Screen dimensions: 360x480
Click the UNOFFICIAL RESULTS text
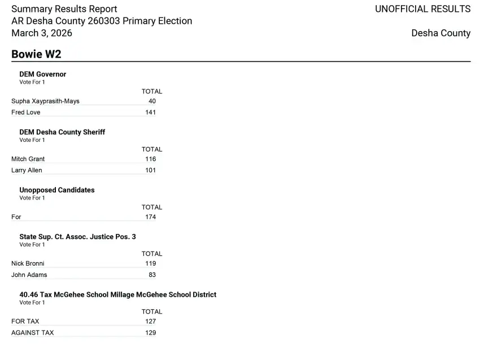(x=422, y=9)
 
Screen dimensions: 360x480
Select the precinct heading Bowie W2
(x=36, y=54)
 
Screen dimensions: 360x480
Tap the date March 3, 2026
(x=42, y=33)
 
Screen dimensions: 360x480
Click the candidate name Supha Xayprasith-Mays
(x=45, y=101)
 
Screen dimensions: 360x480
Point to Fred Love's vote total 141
(x=150, y=112)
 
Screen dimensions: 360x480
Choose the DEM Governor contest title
(x=43, y=74)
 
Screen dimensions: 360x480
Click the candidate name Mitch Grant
(x=28, y=159)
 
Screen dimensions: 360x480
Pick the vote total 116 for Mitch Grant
(x=150, y=159)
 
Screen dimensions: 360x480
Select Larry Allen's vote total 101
(x=150, y=170)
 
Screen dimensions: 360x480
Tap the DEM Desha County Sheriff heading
(x=62, y=132)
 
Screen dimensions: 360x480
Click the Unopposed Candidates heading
(x=57, y=190)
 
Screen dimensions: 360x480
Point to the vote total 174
(x=150, y=217)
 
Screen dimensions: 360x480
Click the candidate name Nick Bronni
(x=28, y=263)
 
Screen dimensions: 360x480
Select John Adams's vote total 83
(x=152, y=275)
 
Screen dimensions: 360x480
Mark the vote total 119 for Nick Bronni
(x=150, y=263)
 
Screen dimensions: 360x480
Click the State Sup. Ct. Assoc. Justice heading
(x=77, y=237)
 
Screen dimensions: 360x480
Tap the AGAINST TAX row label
(x=33, y=333)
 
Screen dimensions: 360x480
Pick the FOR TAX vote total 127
(x=150, y=322)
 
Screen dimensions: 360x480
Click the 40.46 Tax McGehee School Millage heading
(x=117, y=294)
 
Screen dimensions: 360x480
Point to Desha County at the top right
(x=440, y=33)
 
